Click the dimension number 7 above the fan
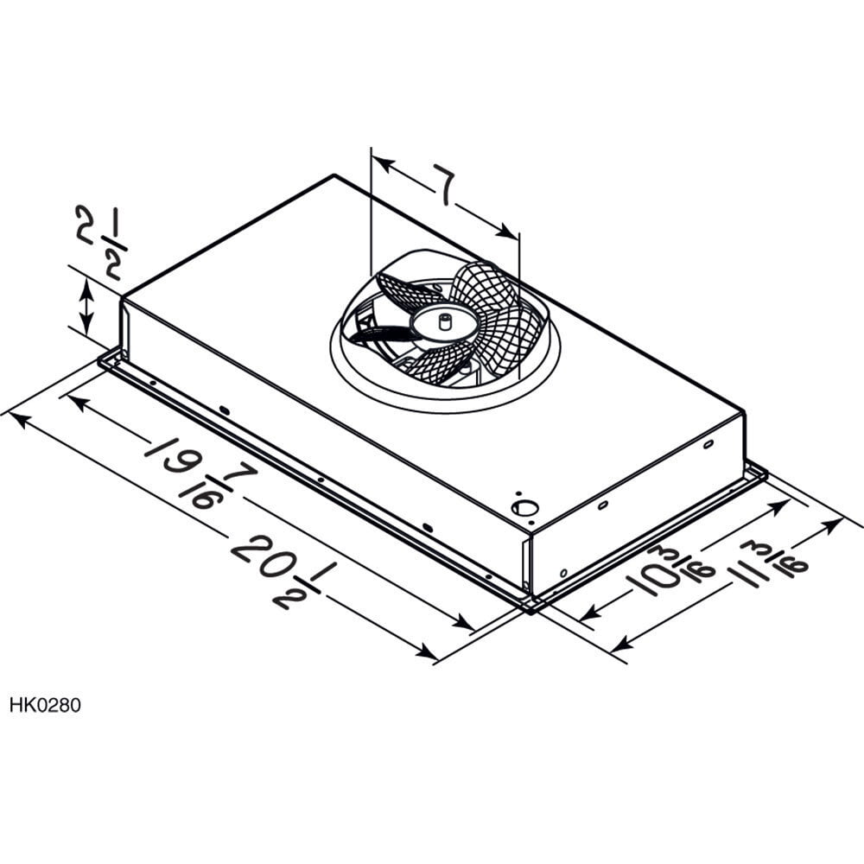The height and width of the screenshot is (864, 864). click(x=444, y=188)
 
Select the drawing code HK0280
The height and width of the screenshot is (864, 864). click(x=45, y=705)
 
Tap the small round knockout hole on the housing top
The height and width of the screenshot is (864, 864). click(x=521, y=508)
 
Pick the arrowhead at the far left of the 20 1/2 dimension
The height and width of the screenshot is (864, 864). click(x=18, y=420)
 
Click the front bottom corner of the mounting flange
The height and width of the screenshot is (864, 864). click(x=529, y=607)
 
